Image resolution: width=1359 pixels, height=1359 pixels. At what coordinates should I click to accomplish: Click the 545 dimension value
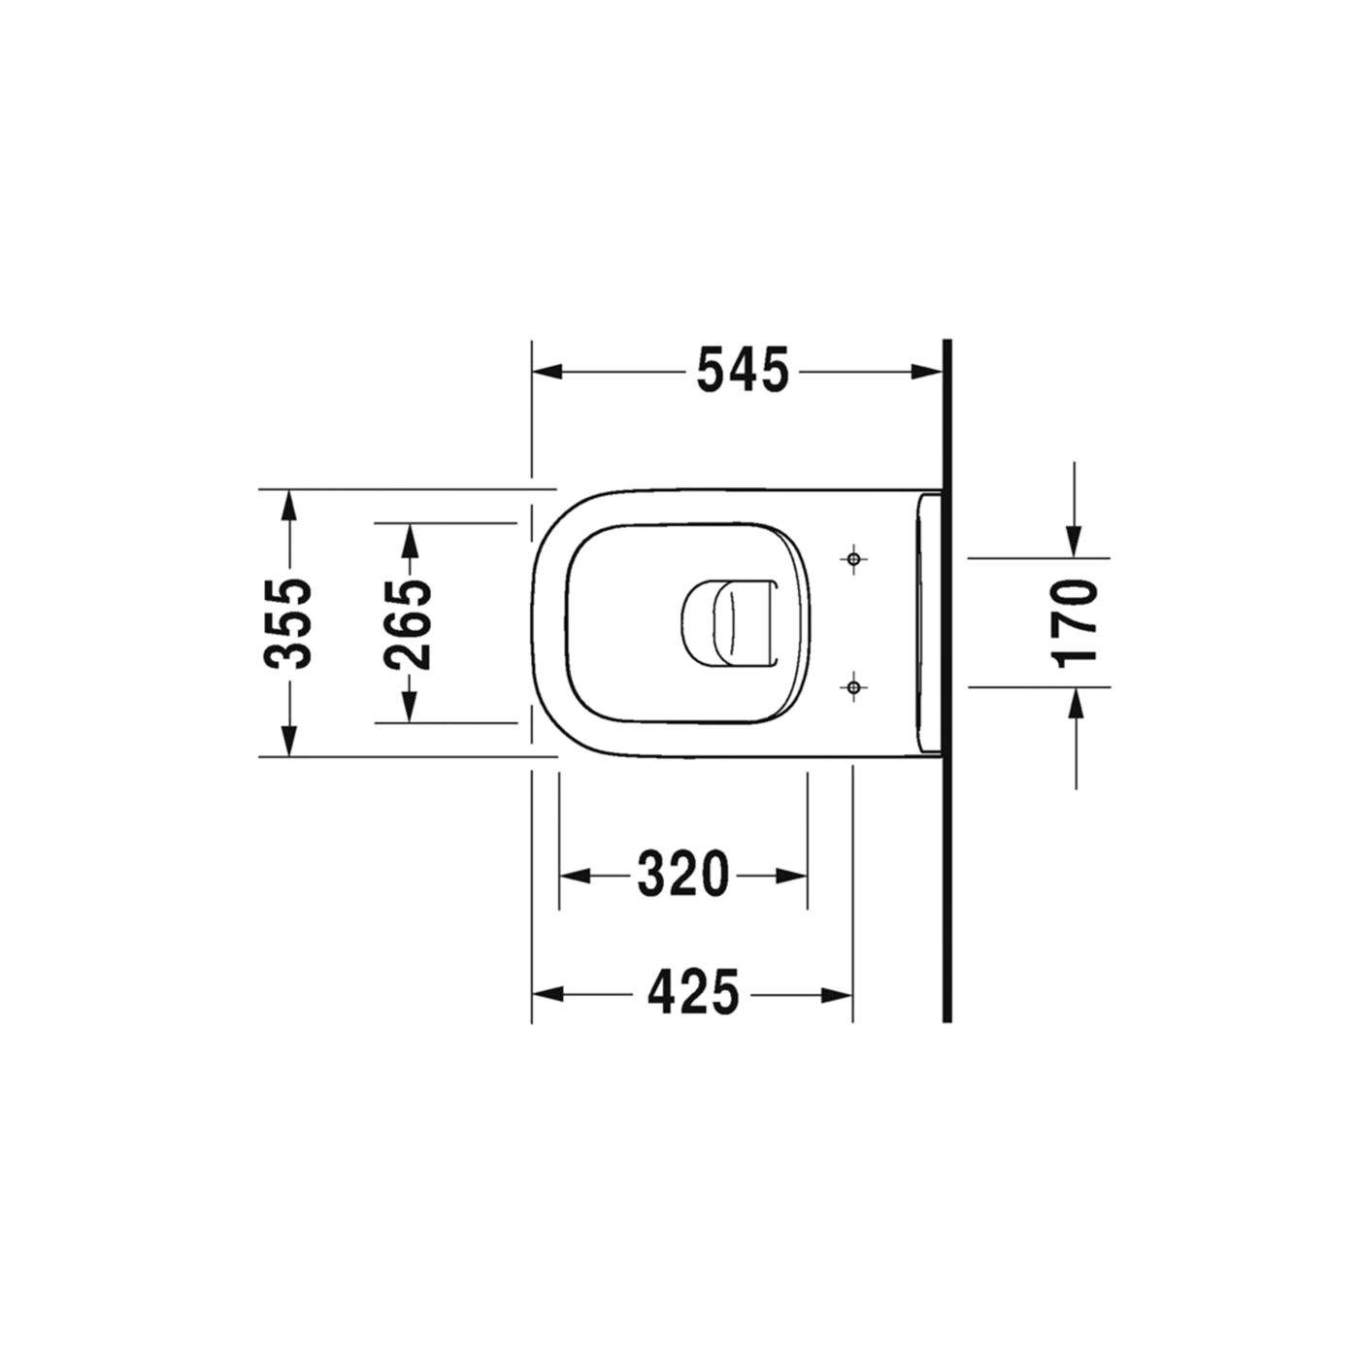click(743, 370)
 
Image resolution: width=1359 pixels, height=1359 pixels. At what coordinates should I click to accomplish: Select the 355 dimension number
click(287, 623)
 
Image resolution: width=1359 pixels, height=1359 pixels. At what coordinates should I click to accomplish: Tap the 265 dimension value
click(408, 623)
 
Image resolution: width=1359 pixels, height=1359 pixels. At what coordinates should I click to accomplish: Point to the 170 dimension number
click(1074, 623)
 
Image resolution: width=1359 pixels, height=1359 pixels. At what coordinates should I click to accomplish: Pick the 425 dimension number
click(693, 993)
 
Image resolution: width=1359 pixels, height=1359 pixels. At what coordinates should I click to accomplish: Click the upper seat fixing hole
click(853, 559)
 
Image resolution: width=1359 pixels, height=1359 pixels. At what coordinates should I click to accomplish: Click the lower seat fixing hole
click(853, 686)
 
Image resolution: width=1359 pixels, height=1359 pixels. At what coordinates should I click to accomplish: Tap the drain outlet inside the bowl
click(729, 623)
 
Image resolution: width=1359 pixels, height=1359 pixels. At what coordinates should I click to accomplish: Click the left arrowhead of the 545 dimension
click(547, 372)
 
